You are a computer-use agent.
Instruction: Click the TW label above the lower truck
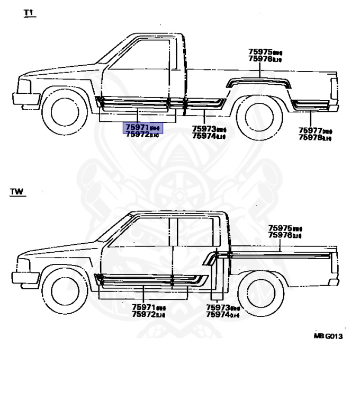17,192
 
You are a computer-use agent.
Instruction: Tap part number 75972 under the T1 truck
137,135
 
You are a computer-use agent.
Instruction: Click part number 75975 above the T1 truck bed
260,52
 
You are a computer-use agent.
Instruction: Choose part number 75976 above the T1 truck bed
260,59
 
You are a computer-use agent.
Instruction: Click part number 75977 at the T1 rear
310,130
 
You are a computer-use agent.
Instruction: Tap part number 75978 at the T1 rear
310,138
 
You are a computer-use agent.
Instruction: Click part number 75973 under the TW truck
218,307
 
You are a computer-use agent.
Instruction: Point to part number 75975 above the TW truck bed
280,227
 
